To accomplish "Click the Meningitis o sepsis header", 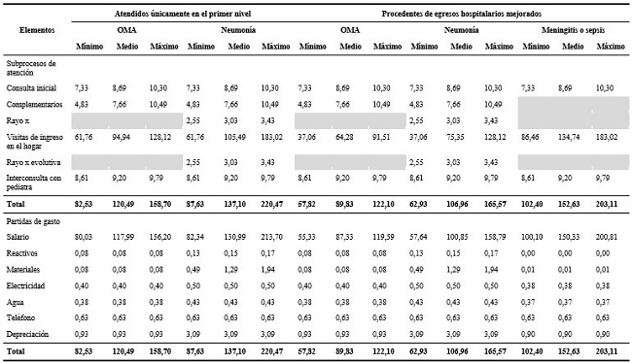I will pyautogui.click(x=574, y=30).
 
